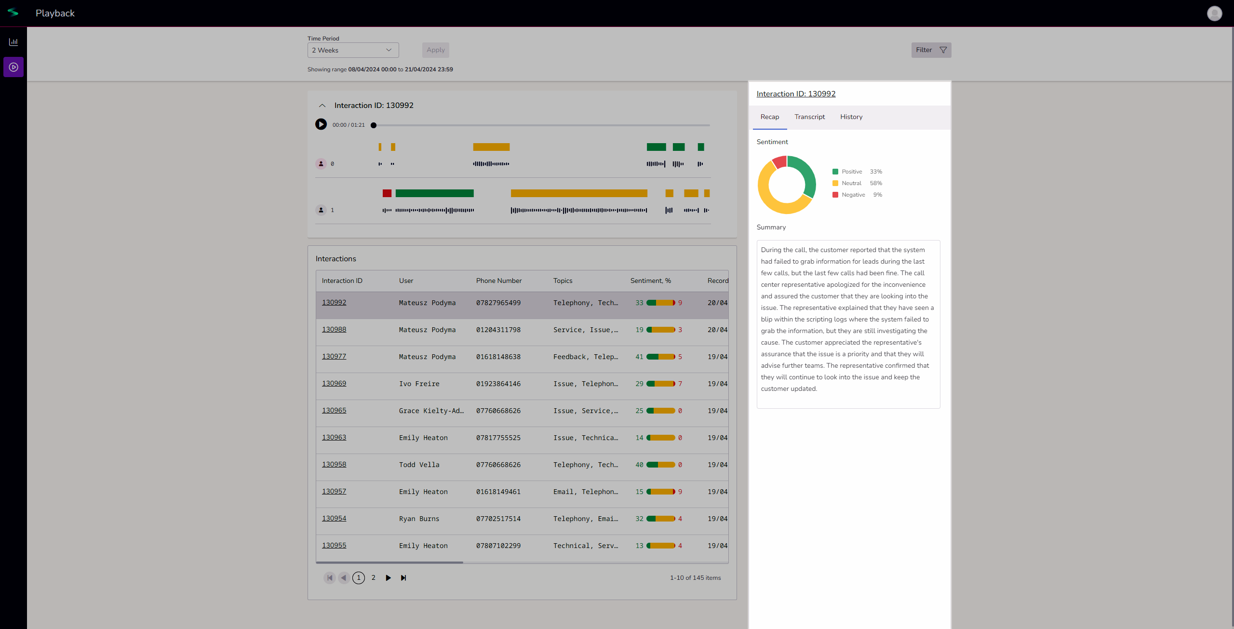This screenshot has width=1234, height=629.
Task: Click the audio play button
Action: [321, 125]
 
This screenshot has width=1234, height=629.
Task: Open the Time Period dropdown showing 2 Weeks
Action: [353, 50]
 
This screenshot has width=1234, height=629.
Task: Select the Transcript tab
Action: [809, 117]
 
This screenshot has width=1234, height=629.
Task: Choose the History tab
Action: [851, 117]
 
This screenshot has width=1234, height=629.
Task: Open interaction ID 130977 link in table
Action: [334, 356]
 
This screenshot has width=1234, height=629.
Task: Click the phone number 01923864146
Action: [498, 384]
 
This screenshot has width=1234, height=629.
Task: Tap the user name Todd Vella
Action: [419, 465]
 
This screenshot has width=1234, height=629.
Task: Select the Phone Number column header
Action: [498, 281]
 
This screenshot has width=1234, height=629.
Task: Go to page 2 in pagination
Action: [373, 578]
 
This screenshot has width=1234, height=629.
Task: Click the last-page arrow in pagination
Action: [403, 578]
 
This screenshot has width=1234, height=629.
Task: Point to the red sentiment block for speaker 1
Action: [387, 193]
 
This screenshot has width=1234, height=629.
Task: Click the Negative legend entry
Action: [853, 195]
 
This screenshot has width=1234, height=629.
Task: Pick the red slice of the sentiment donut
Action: [778, 162]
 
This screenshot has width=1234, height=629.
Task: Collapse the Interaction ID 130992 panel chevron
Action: [322, 106]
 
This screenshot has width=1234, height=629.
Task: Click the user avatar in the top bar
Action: [1214, 13]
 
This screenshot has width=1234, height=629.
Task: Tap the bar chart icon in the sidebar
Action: [13, 42]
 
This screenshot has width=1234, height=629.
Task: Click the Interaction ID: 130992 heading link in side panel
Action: [796, 94]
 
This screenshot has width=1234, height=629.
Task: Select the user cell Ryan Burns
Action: [419, 519]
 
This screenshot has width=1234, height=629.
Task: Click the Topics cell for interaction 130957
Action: [585, 492]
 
